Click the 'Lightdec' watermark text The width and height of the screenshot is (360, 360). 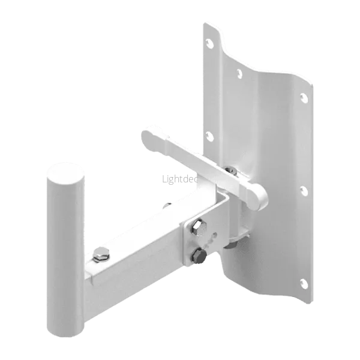pyautogui.click(x=180, y=179)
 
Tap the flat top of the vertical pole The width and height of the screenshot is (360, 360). pyautogui.click(x=65, y=174)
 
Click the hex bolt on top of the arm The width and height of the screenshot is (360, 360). pyautogui.click(x=101, y=254)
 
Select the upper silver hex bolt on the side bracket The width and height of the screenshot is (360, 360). pyautogui.click(x=198, y=227)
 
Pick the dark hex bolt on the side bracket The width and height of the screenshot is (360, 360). pyautogui.click(x=199, y=256)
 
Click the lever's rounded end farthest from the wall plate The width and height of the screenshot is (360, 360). pyautogui.click(x=152, y=139)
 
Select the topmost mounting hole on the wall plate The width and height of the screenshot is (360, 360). pyautogui.click(x=209, y=43)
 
